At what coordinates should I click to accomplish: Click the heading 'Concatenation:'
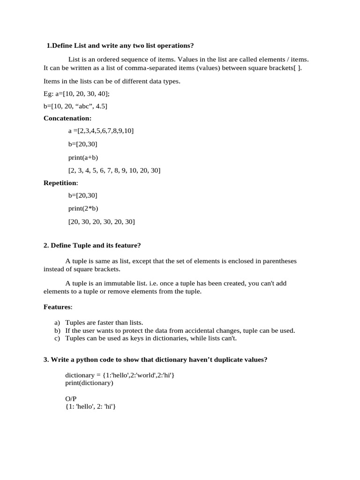[67, 118]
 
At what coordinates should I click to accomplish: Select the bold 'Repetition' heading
[60, 183]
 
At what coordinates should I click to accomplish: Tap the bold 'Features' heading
[58, 307]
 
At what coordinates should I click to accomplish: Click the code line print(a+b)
[83, 157]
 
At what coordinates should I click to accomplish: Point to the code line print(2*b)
[83, 208]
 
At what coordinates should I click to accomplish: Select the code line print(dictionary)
[89, 383]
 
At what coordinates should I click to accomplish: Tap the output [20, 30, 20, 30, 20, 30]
[101, 221]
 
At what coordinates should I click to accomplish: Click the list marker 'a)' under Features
[58, 322]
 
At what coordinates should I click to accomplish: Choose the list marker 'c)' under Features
[58, 338]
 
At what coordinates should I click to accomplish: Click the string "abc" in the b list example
[79, 106]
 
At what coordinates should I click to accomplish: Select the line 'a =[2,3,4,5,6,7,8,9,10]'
[101, 131]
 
